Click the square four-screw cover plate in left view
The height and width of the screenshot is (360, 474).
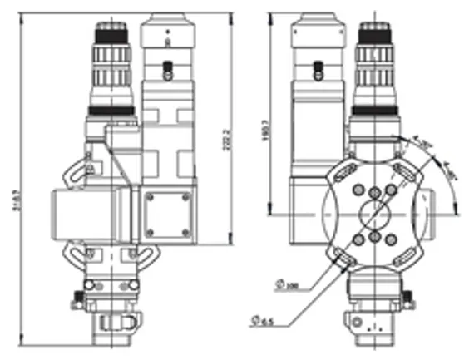tap(169, 214)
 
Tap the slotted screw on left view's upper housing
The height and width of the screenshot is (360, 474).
tap(168, 69)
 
